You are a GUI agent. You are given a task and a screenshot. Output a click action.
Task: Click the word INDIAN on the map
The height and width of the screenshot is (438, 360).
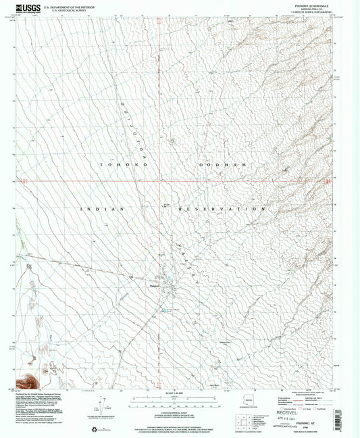[x=103, y=210]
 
